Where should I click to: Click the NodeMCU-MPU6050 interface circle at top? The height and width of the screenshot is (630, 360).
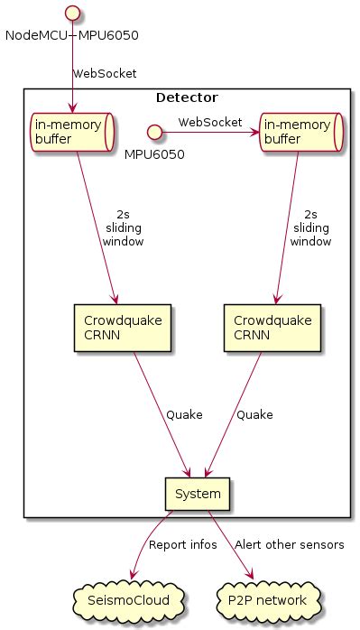pos(72,14)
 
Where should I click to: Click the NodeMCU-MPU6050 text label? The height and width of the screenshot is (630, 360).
pos(72,35)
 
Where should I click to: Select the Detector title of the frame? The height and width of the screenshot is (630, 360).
pos(187,97)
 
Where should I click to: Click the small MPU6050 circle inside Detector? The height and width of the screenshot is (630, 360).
pos(154,133)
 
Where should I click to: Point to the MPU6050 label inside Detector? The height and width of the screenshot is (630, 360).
pos(154,154)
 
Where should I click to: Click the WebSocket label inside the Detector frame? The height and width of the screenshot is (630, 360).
pos(209,121)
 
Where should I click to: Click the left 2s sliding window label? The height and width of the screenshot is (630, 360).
pos(123,228)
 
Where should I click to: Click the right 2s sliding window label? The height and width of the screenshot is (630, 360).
pos(309,228)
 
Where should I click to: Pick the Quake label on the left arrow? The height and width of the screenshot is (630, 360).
pos(184,414)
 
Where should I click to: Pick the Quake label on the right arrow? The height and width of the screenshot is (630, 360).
pos(254,414)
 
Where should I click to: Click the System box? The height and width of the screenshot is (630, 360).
pos(198,493)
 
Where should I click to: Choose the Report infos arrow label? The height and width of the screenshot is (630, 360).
pos(180,545)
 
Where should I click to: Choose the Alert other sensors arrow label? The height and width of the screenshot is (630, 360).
pos(289,545)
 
